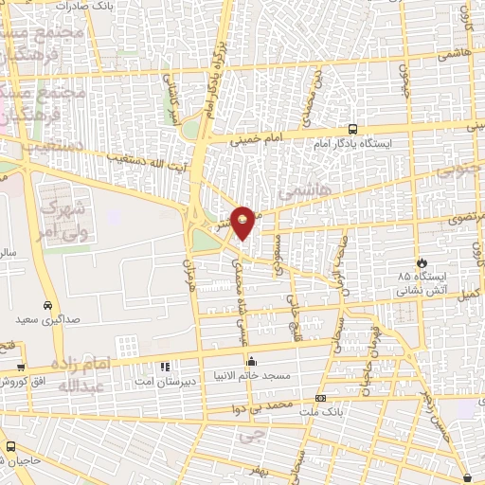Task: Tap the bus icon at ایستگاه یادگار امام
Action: click(x=352, y=130)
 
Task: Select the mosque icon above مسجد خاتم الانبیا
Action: click(x=251, y=361)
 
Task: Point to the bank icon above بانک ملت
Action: click(x=320, y=398)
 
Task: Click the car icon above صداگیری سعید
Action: click(x=21, y=320)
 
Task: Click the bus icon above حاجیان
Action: click(x=10, y=446)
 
